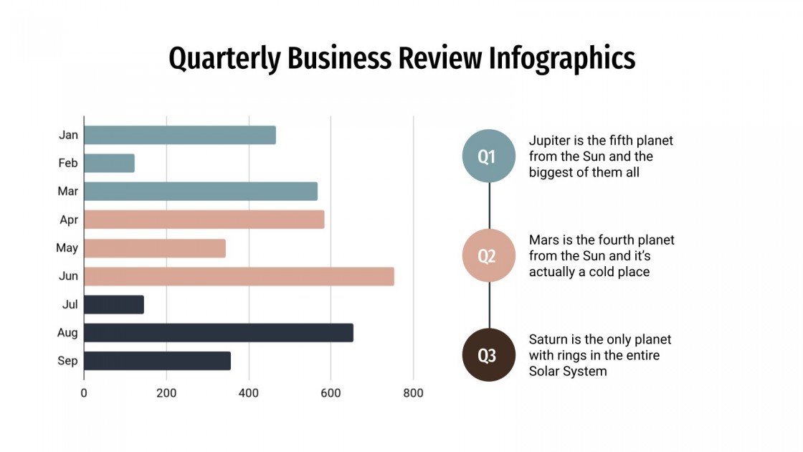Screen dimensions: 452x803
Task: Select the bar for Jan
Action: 179,135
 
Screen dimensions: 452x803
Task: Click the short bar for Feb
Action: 109,163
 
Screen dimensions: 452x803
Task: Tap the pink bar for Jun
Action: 239,276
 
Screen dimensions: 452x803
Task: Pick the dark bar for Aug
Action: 218,333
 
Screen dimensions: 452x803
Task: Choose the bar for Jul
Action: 113,304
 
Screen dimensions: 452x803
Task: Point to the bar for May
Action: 154,248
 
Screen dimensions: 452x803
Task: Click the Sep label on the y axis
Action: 67,361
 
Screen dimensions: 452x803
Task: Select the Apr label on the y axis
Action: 69,220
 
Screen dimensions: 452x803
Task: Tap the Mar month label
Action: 67,192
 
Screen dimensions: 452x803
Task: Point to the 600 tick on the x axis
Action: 331,393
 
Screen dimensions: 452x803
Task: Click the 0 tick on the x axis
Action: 84,393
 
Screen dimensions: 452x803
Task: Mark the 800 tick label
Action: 413,393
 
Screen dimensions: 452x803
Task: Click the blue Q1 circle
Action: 488,156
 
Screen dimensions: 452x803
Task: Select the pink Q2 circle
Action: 488,256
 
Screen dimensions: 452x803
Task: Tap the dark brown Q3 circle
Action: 488,355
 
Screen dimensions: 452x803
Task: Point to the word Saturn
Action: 550,339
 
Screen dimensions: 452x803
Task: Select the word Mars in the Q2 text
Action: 544,240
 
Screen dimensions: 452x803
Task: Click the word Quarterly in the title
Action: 224,58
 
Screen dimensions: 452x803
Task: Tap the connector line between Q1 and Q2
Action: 489,206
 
